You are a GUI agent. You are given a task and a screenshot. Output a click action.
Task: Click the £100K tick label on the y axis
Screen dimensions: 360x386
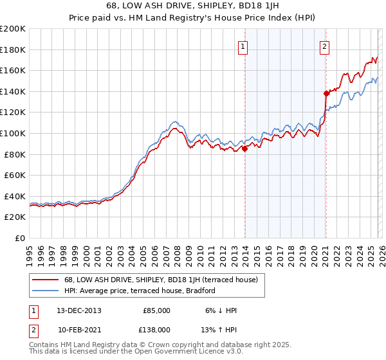point(13,133)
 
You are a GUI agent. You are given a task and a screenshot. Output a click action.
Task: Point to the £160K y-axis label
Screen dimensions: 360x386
point(13,70)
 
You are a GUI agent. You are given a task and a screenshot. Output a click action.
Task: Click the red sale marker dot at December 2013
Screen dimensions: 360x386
point(244,148)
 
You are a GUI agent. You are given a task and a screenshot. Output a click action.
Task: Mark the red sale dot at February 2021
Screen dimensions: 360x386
point(326,93)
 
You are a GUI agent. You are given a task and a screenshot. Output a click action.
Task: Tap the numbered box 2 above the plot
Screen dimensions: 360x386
point(325,46)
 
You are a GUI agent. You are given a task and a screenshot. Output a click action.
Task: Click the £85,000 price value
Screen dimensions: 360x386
point(156,310)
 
